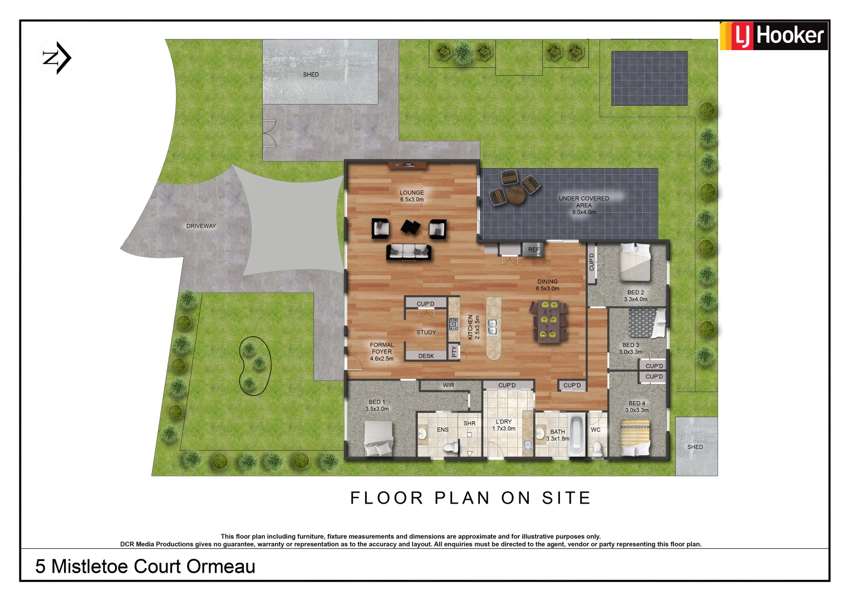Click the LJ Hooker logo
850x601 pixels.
coord(774,36)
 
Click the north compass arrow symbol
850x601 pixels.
coord(57,57)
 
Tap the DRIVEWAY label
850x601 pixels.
coord(201,226)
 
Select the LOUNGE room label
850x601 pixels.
coord(411,193)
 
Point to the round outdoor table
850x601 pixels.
coord(515,194)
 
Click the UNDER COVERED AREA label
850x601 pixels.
coord(584,201)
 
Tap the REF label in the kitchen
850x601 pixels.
coord(534,250)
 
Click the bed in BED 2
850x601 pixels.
coord(635,262)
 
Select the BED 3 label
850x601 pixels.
coord(630,345)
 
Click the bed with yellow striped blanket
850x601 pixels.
coord(635,439)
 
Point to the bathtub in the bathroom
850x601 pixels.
coord(577,435)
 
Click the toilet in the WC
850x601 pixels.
coord(597,448)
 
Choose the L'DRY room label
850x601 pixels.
coord(504,422)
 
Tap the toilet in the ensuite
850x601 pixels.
coord(450,446)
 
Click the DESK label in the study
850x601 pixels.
coord(426,356)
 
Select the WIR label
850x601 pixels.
coord(448,385)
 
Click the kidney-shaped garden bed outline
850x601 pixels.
coord(255,366)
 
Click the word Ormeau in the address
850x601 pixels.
coord(221,566)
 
